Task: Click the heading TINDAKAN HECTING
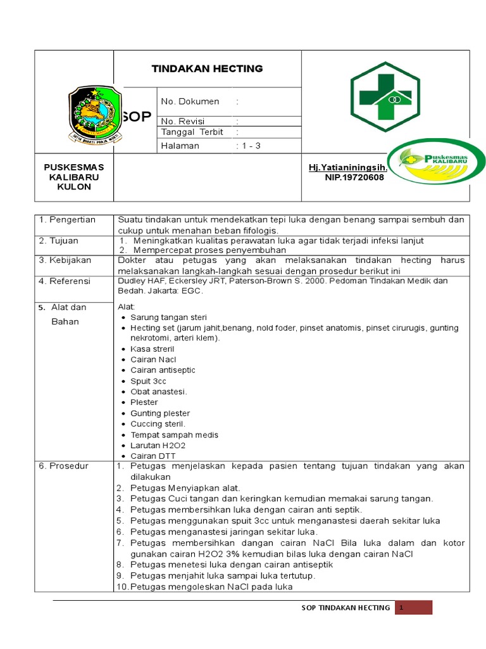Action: click(207, 68)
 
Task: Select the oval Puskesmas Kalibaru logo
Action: click(436, 163)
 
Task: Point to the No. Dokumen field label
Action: click(190, 101)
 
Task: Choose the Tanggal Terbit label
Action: click(193, 132)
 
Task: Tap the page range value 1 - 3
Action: click(249, 146)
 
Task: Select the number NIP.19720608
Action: click(354, 177)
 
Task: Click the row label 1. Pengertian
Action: click(67, 220)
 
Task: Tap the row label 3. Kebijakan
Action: click(65, 260)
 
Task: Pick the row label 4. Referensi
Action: click(65, 281)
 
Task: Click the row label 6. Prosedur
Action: click(64, 466)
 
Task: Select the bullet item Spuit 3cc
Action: click(149, 381)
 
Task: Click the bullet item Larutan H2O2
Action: click(158, 446)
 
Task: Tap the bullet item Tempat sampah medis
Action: click(174, 435)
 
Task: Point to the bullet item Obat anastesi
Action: click(158, 392)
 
